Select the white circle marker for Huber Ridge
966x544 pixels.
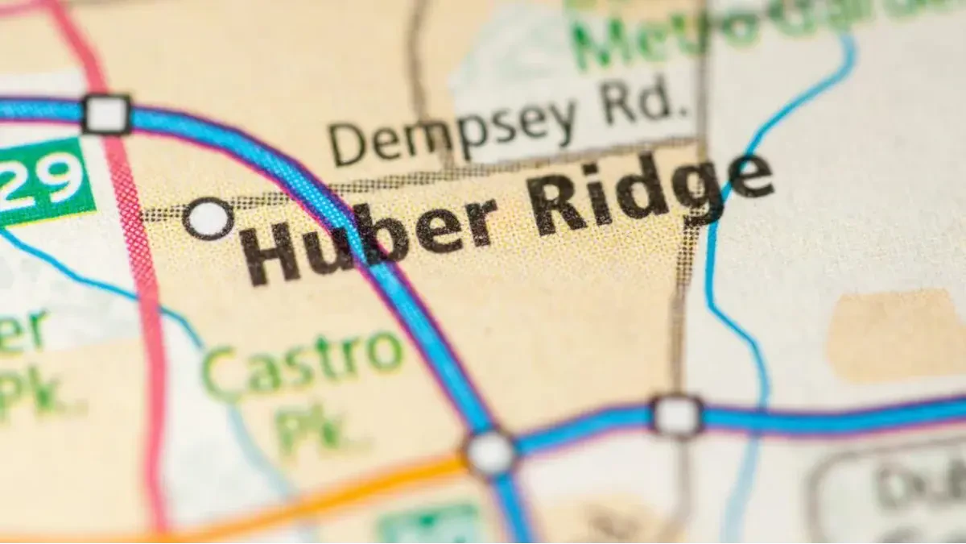tap(208, 218)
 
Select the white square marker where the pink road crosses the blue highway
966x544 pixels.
tap(106, 114)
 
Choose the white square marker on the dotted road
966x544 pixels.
tap(676, 416)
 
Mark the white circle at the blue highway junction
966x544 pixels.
tap(489, 452)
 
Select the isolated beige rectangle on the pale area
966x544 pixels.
tap(894, 334)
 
